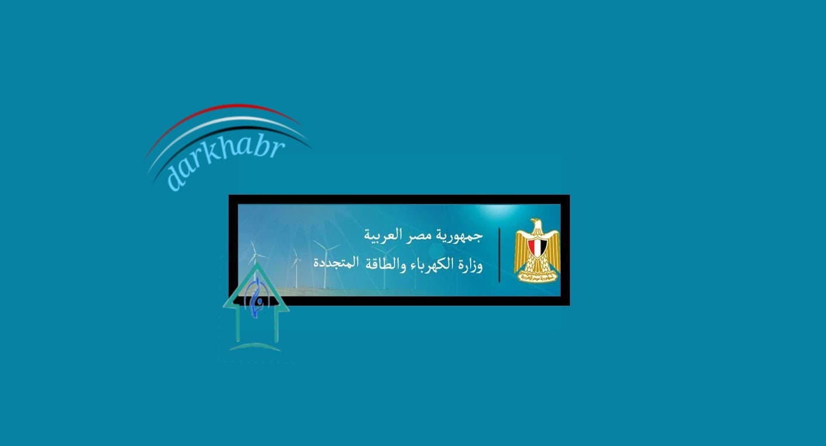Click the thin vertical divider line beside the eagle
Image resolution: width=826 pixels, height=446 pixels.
coord(499,255)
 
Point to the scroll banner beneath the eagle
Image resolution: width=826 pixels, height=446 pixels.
coord(537,276)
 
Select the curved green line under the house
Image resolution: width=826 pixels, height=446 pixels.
coord(255,347)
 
